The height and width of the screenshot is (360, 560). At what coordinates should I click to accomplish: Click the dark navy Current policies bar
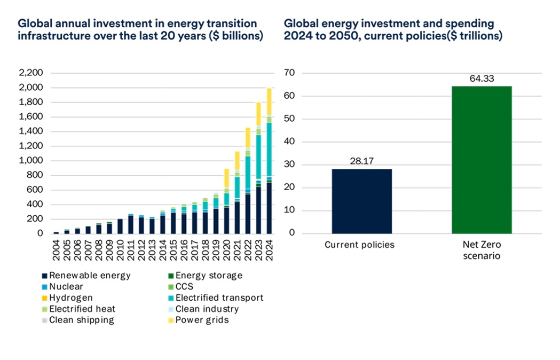(x=362, y=201)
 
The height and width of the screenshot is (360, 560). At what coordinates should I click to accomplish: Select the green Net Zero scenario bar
(x=482, y=160)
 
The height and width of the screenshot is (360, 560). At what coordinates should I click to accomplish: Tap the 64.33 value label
(x=482, y=79)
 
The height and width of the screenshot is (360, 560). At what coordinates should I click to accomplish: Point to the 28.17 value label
(x=362, y=161)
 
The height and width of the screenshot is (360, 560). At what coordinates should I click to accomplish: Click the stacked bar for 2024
(x=269, y=161)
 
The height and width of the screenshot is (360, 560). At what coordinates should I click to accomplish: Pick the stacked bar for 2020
(x=226, y=201)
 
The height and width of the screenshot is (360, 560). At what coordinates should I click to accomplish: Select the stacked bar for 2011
(x=131, y=224)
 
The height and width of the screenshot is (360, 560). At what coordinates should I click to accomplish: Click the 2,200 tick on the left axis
(x=31, y=73)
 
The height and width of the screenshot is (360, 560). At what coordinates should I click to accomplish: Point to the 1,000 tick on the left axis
(x=31, y=160)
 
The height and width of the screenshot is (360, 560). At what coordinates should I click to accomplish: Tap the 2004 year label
(x=56, y=250)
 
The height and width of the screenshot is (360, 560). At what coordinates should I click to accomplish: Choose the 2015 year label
(x=173, y=250)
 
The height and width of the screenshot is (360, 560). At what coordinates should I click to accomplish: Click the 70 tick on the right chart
(x=290, y=73)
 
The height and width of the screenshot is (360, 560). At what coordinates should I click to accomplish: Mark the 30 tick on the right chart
(x=290, y=165)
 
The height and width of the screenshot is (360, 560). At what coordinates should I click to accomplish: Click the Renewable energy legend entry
(x=86, y=276)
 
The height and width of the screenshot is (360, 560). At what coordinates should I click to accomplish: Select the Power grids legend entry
(x=198, y=320)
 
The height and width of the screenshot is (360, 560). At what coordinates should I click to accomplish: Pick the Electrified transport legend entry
(x=216, y=298)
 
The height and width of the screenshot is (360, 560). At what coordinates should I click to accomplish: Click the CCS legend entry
(x=181, y=287)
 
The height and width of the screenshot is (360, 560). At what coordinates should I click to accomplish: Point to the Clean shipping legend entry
(x=78, y=320)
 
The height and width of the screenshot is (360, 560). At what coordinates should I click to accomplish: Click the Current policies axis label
(x=359, y=245)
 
